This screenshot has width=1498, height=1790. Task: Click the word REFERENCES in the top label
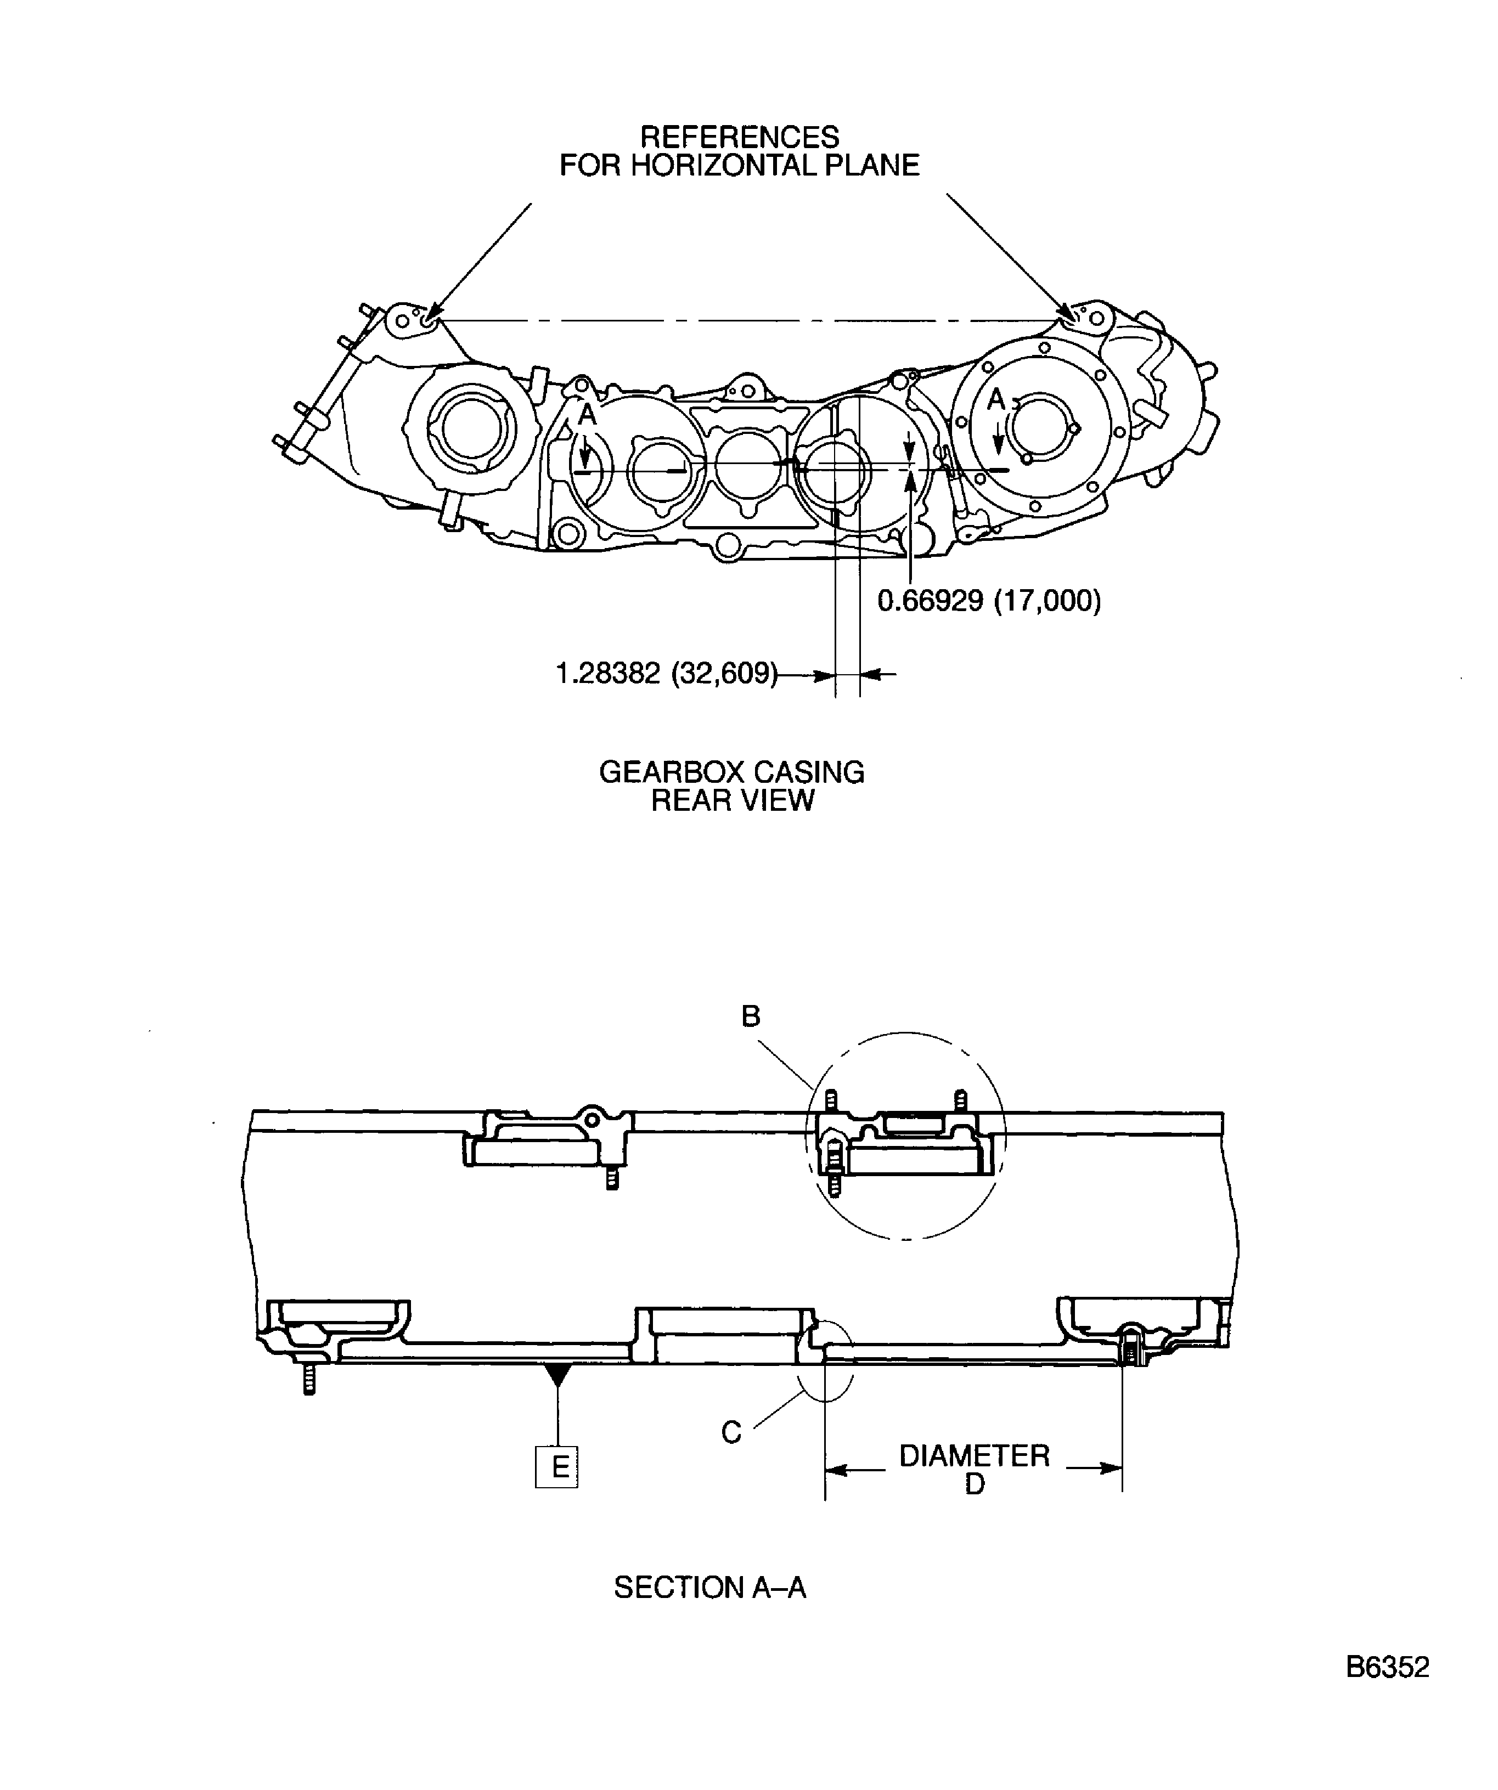(739, 137)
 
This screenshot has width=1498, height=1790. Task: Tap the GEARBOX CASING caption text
(731, 772)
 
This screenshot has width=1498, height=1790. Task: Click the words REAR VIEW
(733, 800)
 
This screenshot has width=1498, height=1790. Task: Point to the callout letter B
(750, 1016)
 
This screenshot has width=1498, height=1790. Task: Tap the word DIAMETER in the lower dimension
(973, 1455)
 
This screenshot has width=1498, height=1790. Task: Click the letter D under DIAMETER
(975, 1484)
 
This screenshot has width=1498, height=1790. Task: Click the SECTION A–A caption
(709, 1587)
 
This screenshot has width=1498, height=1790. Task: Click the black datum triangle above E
(557, 1373)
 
